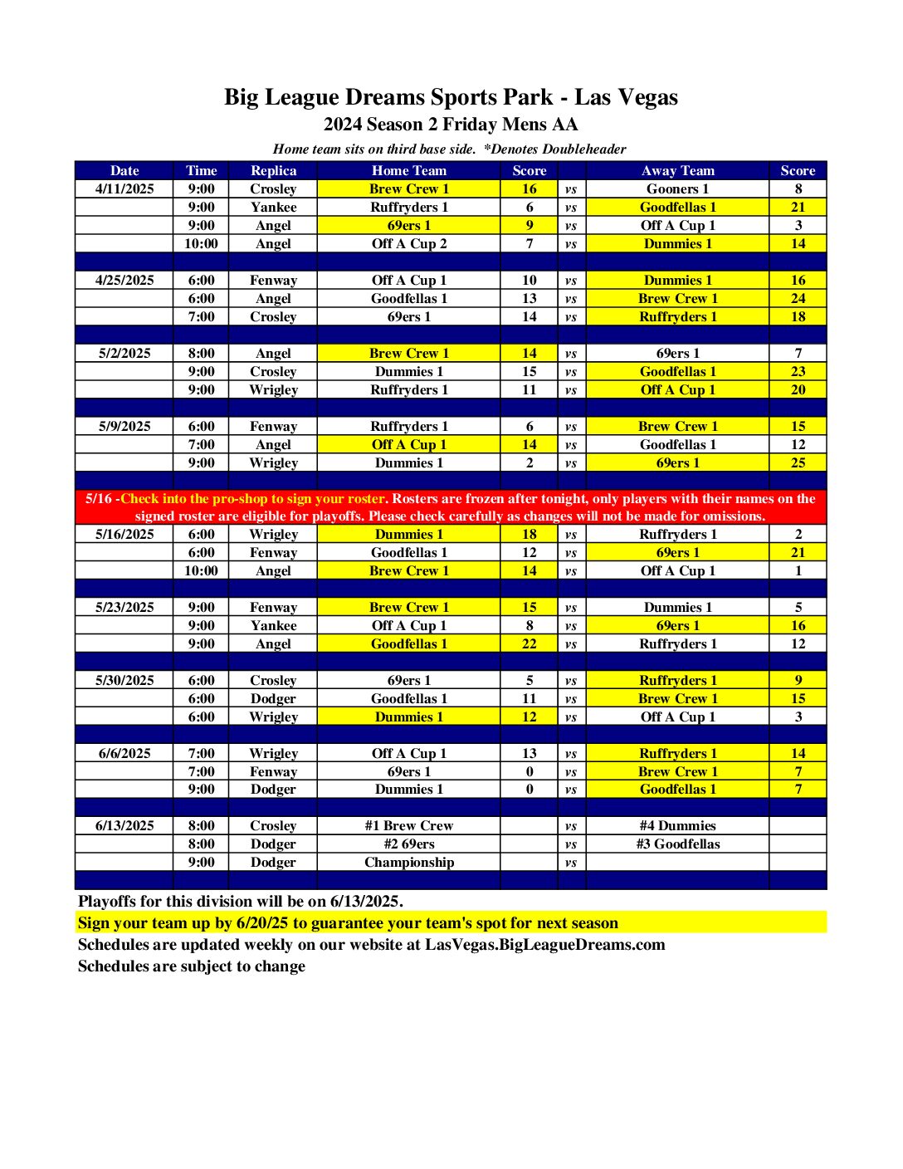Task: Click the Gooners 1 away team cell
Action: (677, 188)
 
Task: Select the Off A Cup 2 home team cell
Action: (408, 243)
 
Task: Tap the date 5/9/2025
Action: (124, 426)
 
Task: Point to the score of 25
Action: (798, 462)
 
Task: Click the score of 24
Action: (798, 298)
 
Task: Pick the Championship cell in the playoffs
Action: (408, 862)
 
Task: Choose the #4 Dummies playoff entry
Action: (677, 825)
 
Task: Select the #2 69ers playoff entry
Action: (408, 844)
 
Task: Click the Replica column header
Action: (273, 170)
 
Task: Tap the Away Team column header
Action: (677, 170)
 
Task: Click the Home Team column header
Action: (408, 170)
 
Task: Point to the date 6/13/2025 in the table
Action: (124, 825)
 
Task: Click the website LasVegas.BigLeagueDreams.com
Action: (544, 944)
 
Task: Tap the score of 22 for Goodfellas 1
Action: (530, 643)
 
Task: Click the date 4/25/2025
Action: (124, 280)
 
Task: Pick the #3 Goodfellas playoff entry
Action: (677, 844)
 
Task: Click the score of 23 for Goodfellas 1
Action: (798, 371)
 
